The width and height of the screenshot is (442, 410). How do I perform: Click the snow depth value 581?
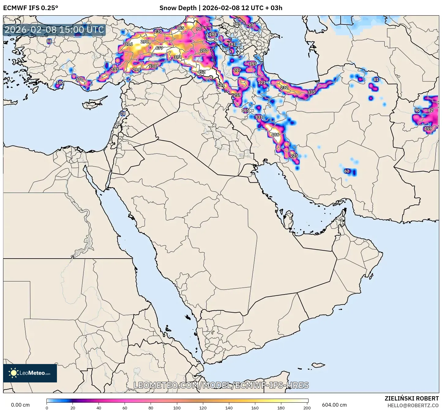pyautogui.click(x=221, y=85)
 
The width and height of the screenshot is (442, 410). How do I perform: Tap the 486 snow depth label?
pyautogui.click(x=275, y=135)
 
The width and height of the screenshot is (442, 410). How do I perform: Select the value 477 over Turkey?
pyautogui.click(x=159, y=48)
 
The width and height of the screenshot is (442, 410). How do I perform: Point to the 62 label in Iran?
pyautogui.click(x=347, y=171)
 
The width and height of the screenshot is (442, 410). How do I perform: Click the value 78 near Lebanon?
pyautogui.click(x=123, y=113)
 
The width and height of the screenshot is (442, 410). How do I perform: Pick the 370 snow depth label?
pyautogui.click(x=79, y=79)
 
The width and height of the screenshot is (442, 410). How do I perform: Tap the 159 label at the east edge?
pyautogui.click(x=428, y=128)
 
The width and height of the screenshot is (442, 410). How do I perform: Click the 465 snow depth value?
pyautogui.click(x=180, y=28)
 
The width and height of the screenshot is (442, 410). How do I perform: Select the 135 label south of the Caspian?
pyautogui.click(x=311, y=92)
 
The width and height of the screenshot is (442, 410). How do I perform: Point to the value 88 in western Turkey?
pyautogui.click(x=49, y=41)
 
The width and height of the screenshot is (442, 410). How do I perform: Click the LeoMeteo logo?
pyautogui.click(x=30, y=373)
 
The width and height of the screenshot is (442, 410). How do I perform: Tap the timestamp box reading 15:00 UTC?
pyautogui.click(x=54, y=30)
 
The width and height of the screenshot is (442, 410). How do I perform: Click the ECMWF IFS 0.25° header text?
pyautogui.click(x=31, y=8)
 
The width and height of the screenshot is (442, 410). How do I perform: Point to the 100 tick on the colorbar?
pyautogui.click(x=177, y=408)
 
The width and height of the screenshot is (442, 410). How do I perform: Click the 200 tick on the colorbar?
pyautogui.click(x=307, y=408)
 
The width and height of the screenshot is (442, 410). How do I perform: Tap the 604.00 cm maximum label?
pyautogui.click(x=334, y=405)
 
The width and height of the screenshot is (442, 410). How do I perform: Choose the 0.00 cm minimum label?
pyautogui.click(x=21, y=405)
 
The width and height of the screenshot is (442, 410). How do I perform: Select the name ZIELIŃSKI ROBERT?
pyautogui.click(x=411, y=398)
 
